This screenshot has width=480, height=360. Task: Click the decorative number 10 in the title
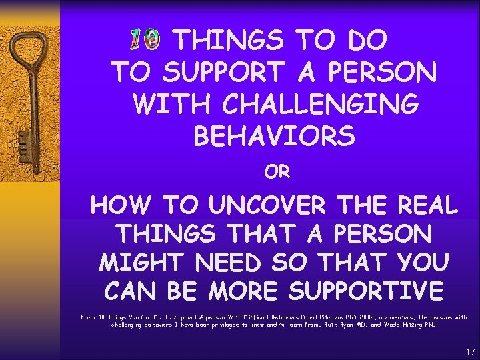coord(144,40)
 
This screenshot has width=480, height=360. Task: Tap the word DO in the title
coord(366,41)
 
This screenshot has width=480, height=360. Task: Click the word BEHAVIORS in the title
coord(274,136)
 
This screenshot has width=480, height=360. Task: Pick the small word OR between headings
coord(277,172)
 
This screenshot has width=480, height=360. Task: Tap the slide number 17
coord(470,351)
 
